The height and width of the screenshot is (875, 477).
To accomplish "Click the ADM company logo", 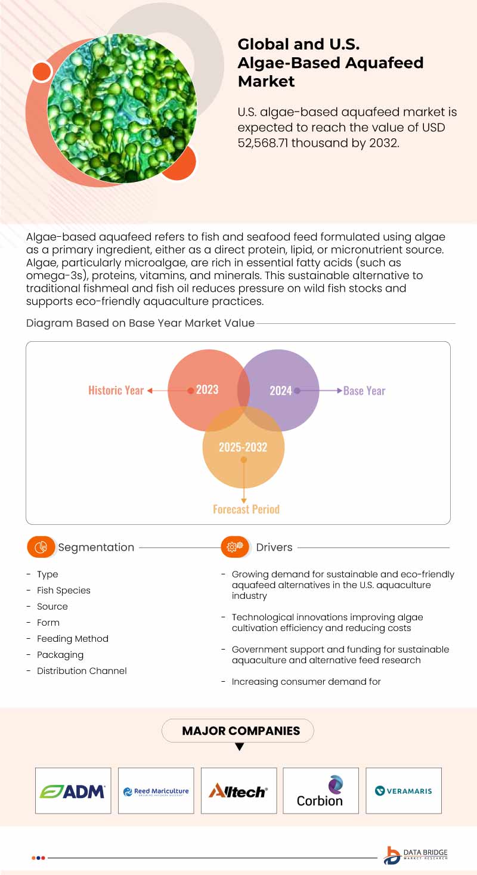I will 73,791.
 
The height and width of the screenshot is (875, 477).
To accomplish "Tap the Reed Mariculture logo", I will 156,791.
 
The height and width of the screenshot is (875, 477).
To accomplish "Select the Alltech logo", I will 238,791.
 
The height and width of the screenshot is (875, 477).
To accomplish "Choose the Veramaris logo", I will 403,791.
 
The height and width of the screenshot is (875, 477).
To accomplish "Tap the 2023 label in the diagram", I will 207,390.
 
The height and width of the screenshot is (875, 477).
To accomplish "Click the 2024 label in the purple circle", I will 280,391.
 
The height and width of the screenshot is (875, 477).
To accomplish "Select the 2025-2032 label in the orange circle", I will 243,447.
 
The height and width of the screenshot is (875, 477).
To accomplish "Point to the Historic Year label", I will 116,391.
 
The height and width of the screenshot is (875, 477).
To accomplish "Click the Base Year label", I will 364,391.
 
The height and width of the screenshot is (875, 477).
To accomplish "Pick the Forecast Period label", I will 246,509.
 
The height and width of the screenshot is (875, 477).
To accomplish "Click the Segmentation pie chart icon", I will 41,547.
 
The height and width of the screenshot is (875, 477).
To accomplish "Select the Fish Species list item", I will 63,590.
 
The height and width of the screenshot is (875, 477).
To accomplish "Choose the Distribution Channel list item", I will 82,671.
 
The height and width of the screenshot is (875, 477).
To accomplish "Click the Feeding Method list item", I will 73,639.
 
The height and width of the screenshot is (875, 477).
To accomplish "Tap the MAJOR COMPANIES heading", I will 241,731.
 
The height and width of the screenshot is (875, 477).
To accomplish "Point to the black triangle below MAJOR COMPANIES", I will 240,747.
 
